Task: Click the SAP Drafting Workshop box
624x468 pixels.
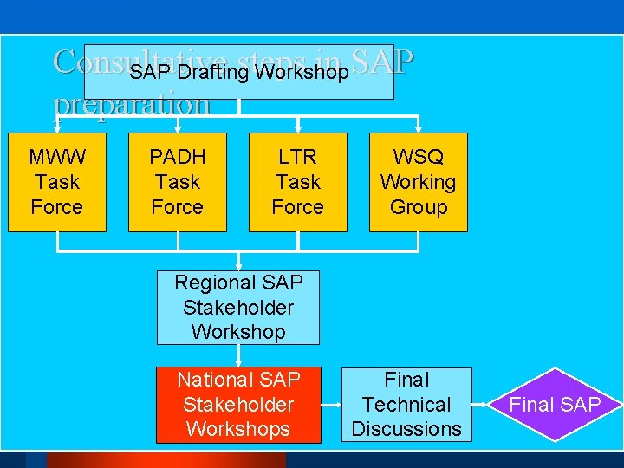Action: tap(238, 72)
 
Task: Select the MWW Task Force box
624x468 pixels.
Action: tap(57, 182)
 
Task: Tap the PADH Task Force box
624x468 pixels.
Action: tap(178, 182)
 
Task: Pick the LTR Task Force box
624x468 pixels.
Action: tap(298, 182)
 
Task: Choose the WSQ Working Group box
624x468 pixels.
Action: tap(418, 182)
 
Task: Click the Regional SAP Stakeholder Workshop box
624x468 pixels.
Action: tap(238, 307)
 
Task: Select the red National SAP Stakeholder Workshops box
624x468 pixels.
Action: tap(238, 404)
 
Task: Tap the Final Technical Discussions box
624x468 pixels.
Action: tap(406, 404)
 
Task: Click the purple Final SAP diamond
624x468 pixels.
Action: tap(554, 405)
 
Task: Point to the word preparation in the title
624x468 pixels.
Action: tap(132, 105)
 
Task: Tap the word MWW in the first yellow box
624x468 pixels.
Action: tap(57, 158)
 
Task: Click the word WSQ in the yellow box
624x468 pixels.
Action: tap(418, 158)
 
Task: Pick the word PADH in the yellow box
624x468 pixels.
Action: tap(178, 158)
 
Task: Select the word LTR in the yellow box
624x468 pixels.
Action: tap(298, 158)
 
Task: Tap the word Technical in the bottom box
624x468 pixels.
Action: tap(406, 404)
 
